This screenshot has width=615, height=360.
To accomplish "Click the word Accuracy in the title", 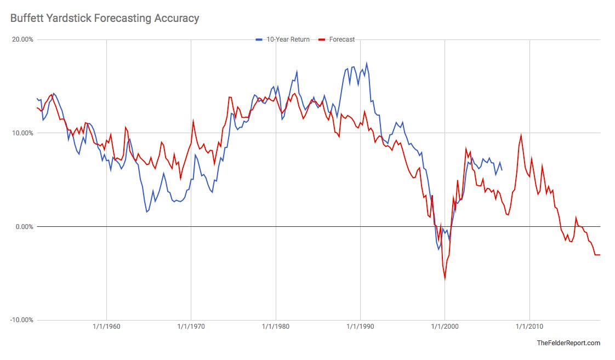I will coord(176,18).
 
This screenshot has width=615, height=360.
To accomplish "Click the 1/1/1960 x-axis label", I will coord(106,327).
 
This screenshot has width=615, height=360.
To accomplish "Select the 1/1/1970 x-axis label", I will coord(191,327).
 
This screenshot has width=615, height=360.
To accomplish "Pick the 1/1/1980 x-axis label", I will coord(276,327).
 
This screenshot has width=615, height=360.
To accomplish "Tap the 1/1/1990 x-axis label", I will coord(360,327).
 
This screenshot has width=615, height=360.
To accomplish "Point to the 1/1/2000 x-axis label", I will coord(445,327).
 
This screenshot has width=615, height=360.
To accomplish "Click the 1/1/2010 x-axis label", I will coord(529,327).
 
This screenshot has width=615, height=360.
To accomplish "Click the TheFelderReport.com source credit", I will coord(568,343).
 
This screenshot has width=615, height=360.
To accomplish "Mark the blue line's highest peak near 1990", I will coord(366,63).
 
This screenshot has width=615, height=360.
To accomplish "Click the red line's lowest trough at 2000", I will coord(445,279).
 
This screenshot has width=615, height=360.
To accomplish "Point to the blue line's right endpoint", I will coord(502,170).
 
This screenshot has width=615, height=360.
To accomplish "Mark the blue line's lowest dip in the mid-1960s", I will coord(147,212).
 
